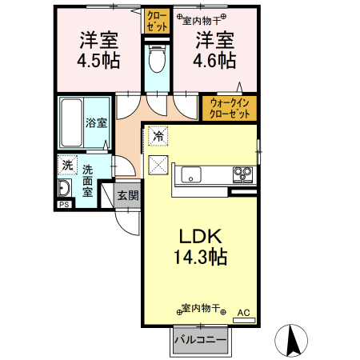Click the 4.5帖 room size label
click(98, 60)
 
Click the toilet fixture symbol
click(157, 58)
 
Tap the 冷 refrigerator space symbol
click(158, 137)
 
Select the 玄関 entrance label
click(127, 195)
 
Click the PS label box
click(63, 205)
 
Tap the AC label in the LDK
click(243, 312)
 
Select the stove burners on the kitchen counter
click(242, 174)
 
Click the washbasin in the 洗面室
click(65, 189)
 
